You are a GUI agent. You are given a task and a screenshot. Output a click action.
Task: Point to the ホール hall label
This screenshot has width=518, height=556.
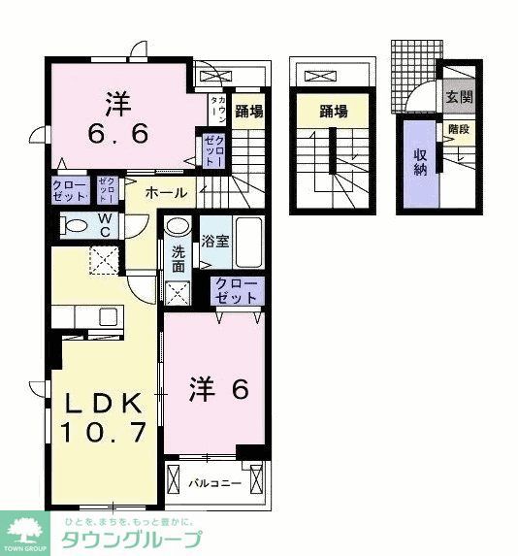click(x=167, y=193)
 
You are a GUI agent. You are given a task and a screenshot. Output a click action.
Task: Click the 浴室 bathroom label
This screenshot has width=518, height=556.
click(x=215, y=240)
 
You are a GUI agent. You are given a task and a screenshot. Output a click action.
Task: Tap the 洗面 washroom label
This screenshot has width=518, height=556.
click(x=178, y=260)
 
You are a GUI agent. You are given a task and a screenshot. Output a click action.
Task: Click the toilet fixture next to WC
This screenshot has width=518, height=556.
click(x=74, y=225)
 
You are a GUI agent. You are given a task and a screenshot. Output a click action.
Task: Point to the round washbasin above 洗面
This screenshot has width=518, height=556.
click(x=177, y=228)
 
